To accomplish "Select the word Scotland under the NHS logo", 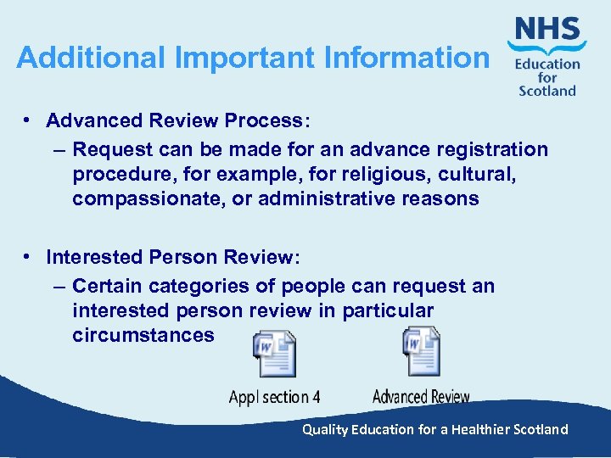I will click(547, 91).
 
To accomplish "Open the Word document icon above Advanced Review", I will click(421, 351).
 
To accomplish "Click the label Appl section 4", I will click(274, 397).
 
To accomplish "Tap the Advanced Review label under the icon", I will click(421, 397).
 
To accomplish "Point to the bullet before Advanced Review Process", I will click(29, 120).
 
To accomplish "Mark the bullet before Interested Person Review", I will click(29, 256).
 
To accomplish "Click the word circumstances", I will click(143, 335).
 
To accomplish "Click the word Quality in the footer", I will click(325, 429).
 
